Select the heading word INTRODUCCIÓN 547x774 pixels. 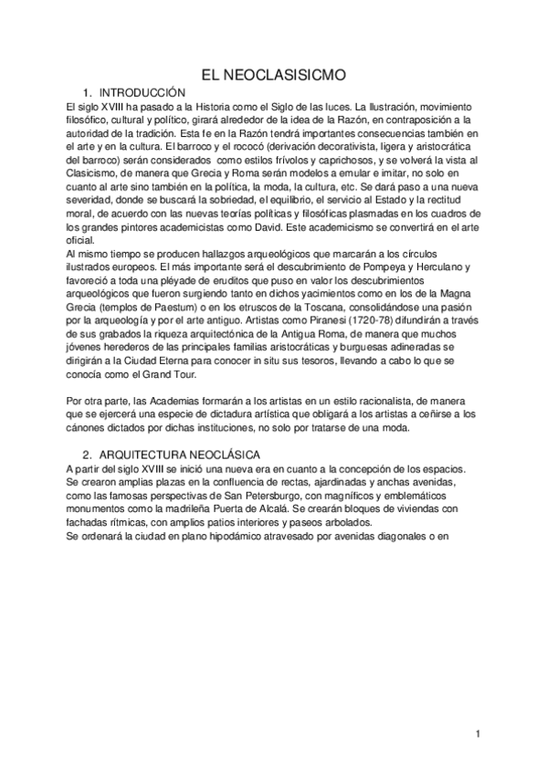click(142, 93)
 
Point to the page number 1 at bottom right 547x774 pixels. click(478, 734)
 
